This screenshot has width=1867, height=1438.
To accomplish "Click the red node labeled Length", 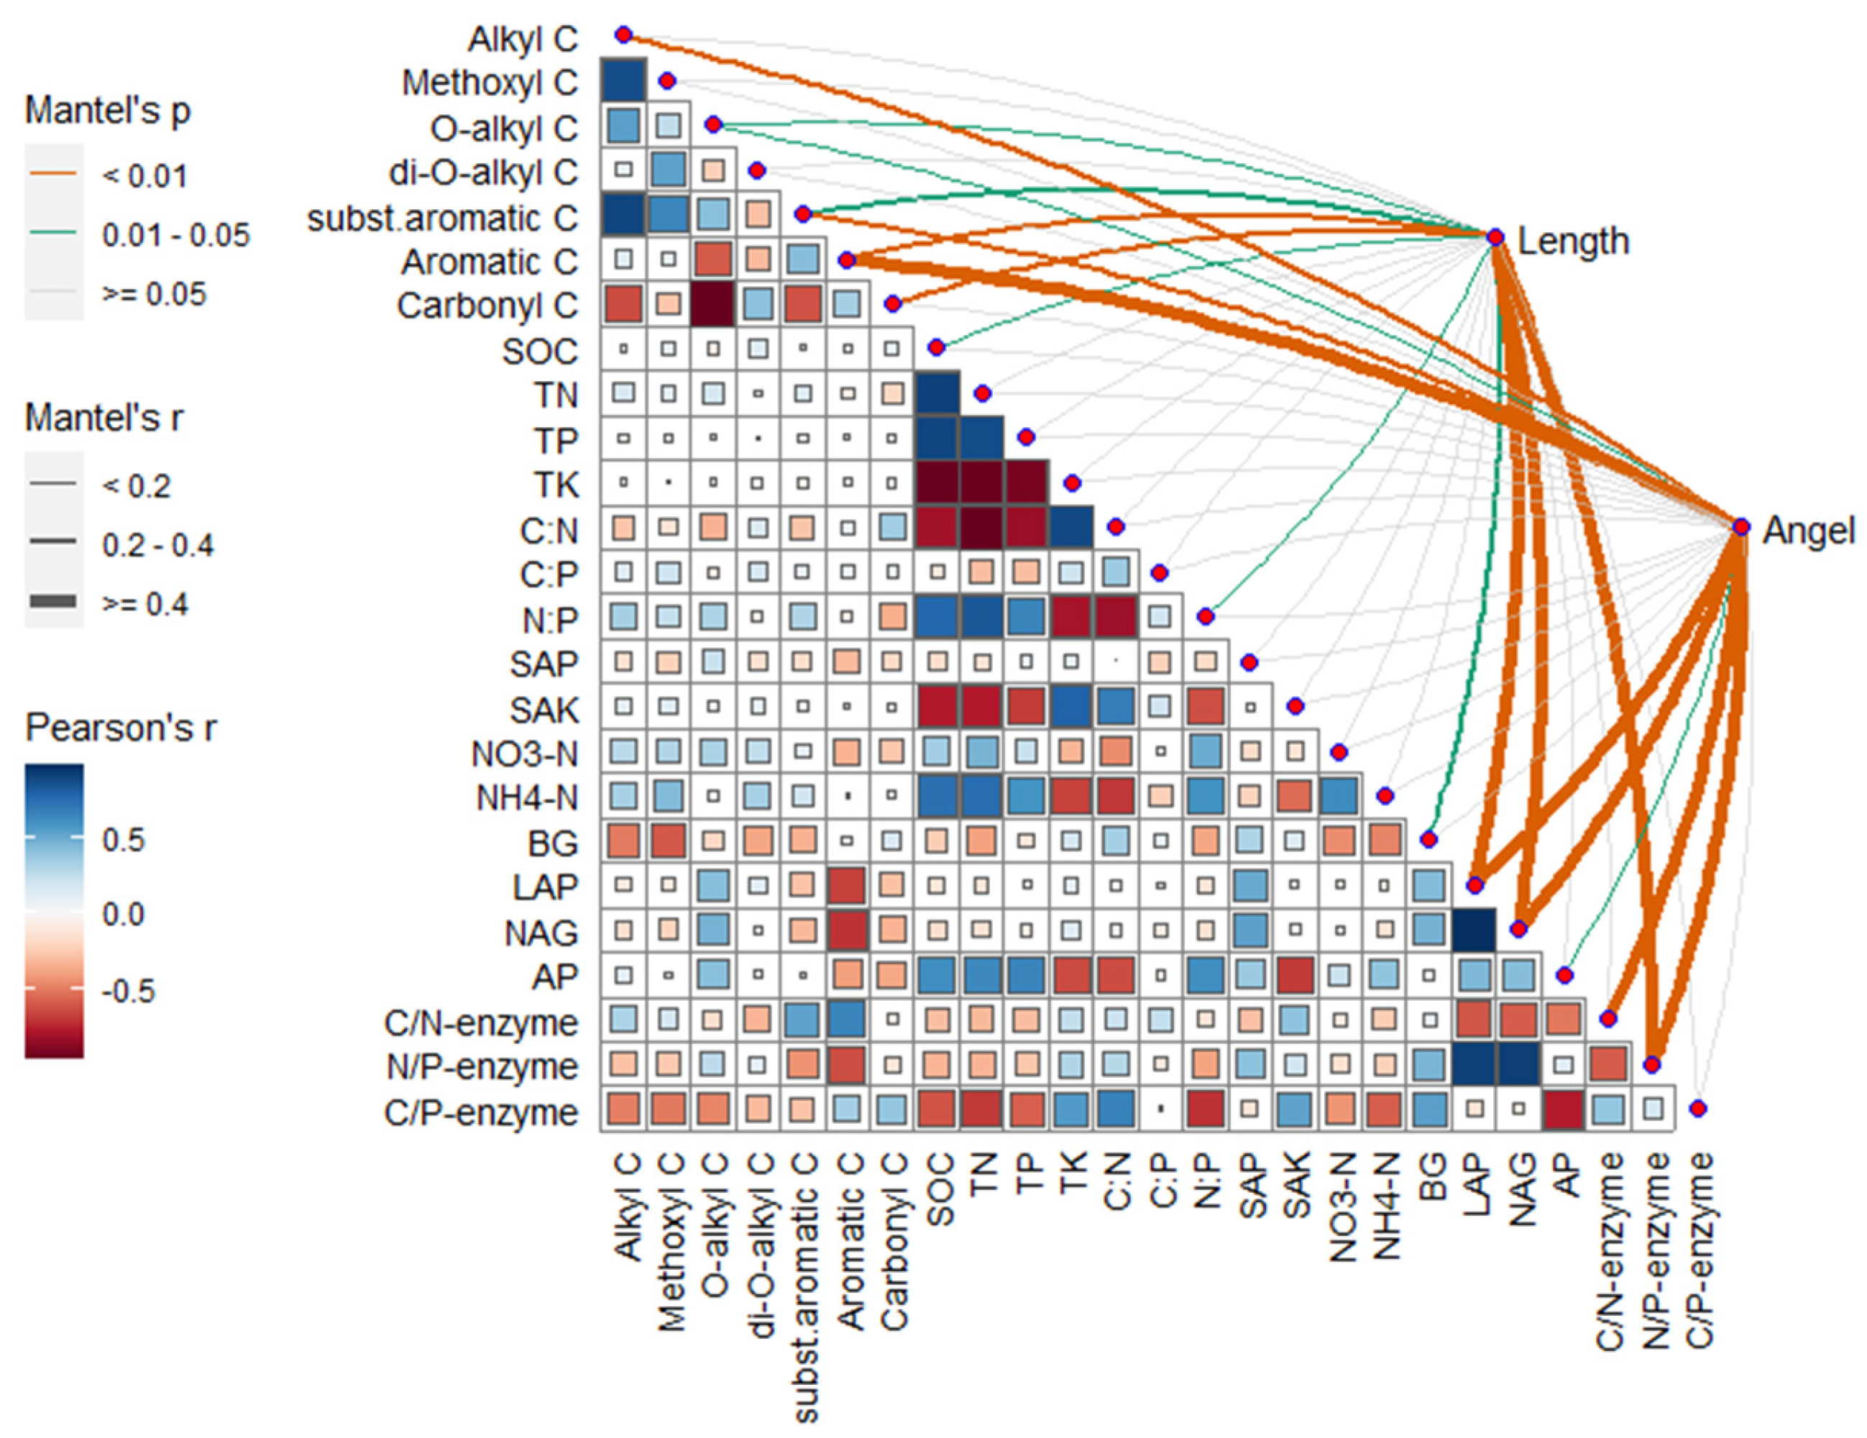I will pos(1495,237).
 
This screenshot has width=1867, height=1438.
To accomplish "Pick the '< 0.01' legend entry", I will pos(144,177).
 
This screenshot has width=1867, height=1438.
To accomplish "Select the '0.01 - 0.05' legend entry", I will pos(175,236).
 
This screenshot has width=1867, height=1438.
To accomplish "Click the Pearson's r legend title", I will pos(121,728).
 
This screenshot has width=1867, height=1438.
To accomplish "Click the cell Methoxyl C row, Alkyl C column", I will pos(623,81).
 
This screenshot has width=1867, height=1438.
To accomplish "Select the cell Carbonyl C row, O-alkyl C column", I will pos(713,303).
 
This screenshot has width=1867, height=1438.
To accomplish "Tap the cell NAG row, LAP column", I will pos(1474,930).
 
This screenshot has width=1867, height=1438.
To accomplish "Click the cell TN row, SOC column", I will pos(937,393).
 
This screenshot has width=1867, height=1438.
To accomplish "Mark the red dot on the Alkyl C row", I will pos(623,35).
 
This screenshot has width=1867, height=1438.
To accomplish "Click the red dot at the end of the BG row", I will pos(1428,840).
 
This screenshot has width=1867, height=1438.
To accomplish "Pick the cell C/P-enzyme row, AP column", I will pos(1564,1109).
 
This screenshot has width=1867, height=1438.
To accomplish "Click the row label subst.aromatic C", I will pos(442,219).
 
